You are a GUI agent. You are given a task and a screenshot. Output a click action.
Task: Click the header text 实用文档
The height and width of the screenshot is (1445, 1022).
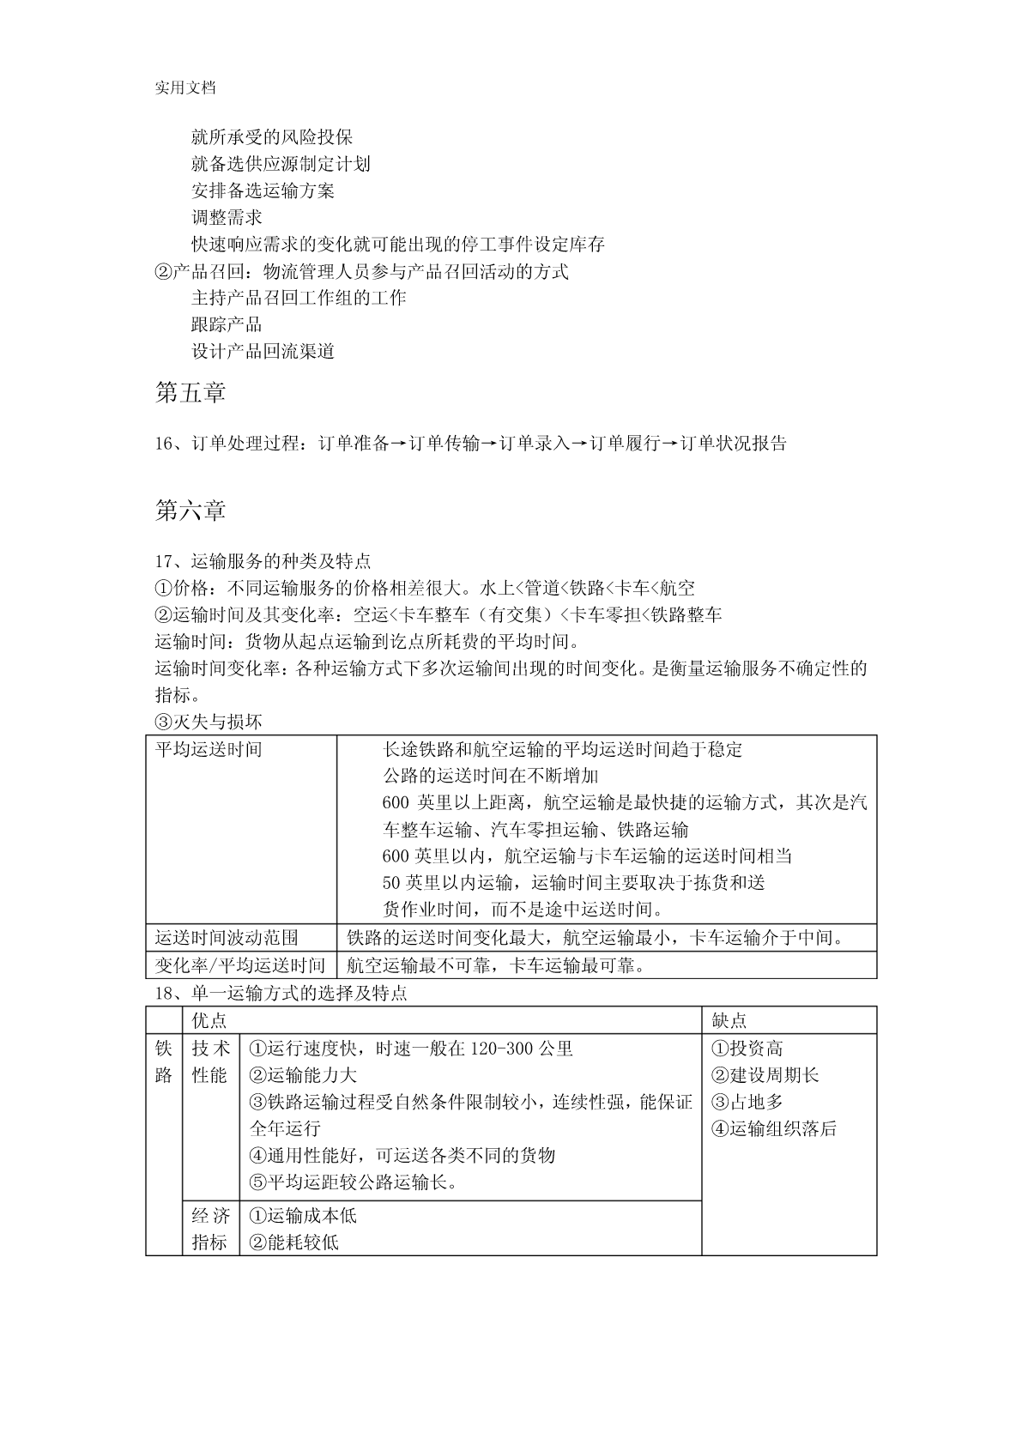pos(184,88)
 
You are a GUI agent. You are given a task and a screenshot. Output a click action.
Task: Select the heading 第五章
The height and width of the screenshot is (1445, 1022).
pos(190,393)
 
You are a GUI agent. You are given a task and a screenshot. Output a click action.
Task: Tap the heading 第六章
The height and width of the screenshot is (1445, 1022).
pos(190,511)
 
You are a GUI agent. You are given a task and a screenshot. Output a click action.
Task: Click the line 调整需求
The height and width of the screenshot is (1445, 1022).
pos(227,217)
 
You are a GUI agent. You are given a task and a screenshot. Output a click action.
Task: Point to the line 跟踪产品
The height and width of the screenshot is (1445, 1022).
pos(227,324)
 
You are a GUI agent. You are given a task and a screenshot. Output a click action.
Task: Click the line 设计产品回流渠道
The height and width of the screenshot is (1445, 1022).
pos(263,351)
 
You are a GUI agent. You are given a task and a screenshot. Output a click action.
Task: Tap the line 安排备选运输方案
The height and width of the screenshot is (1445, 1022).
pos(263,190)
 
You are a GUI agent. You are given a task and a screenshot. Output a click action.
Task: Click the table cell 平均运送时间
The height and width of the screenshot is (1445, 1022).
pos(209,749)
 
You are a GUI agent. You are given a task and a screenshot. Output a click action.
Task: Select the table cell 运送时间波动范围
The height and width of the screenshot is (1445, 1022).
pos(227,938)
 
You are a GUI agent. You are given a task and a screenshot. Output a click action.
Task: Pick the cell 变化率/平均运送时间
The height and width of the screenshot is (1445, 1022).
pos(240,965)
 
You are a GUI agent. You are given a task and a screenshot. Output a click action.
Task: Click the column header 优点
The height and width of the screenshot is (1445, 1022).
pos(209,1020)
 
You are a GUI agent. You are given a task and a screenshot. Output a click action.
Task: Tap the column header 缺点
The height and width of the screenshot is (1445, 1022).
pos(729,1020)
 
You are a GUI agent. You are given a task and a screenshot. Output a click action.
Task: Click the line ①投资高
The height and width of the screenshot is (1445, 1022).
pos(747,1049)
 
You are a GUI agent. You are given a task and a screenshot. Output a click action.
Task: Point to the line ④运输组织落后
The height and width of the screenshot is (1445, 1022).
pos(774,1129)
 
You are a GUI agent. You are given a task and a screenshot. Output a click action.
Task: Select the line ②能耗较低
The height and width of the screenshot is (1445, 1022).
pos(293,1242)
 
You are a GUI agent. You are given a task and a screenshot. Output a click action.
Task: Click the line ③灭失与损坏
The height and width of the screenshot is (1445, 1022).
pos(209,722)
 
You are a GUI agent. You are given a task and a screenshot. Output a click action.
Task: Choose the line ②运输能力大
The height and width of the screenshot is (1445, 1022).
pos(303,1075)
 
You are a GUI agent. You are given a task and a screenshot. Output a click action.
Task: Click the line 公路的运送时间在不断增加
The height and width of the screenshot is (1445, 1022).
pos(490,777)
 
